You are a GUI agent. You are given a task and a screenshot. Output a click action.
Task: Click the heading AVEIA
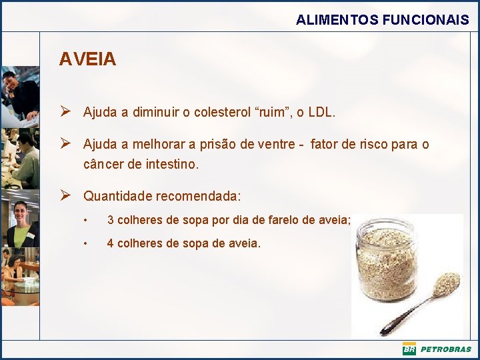(x=87, y=59)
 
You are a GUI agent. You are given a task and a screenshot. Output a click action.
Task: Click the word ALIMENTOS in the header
(x=337, y=20)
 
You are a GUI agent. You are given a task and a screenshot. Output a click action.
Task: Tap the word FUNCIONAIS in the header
(x=426, y=20)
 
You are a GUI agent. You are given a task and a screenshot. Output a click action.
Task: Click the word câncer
(x=103, y=163)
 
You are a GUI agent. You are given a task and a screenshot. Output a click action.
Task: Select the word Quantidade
(x=117, y=197)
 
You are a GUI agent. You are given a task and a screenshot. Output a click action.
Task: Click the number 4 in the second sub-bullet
(x=111, y=243)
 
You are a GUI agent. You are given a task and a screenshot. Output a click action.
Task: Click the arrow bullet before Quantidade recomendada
(x=65, y=196)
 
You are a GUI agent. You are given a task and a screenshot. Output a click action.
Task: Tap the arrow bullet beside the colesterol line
(x=65, y=112)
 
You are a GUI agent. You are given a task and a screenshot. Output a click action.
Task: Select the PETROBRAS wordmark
(x=445, y=349)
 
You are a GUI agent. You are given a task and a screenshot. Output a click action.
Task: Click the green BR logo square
(x=409, y=349)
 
